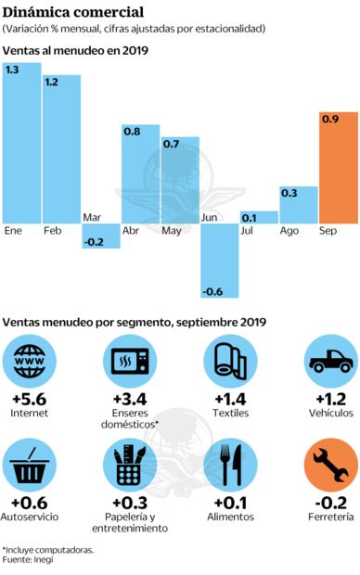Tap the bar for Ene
pyautogui.click(x=20, y=143)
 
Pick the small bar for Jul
pyautogui.click(x=260, y=218)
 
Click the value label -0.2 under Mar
pyautogui.click(x=93, y=241)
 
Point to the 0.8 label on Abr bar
pyautogui.click(x=132, y=133)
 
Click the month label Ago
pyautogui.click(x=289, y=230)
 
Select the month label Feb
pyautogui.click(x=53, y=230)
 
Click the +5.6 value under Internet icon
pyautogui.click(x=29, y=400)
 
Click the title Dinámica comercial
pyautogui.click(x=73, y=12)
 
